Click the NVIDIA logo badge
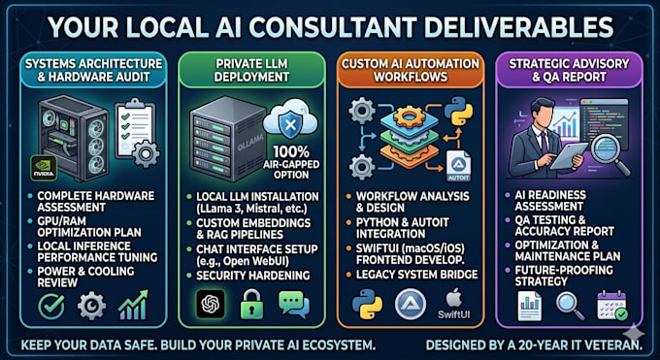point(44,168)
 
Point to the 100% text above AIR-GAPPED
point(291,151)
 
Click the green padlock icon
point(251,304)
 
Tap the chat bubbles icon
point(294,304)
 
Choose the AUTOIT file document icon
point(458,166)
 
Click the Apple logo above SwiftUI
point(453,299)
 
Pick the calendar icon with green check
point(612,306)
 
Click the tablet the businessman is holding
point(569,156)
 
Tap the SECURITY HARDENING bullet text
point(253,276)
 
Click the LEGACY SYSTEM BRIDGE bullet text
point(417,275)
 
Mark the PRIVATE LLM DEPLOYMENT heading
point(251,70)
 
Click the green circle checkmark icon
point(51,307)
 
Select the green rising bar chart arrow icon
point(133,306)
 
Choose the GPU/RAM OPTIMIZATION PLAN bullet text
point(89,226)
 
